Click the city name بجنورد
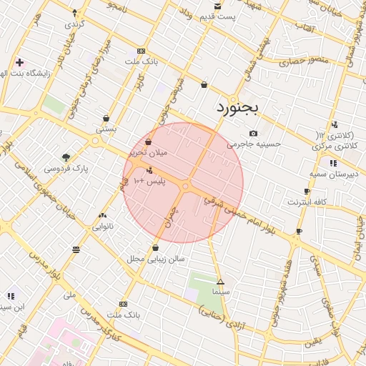click(239, 109)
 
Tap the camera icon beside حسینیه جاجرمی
click(253, 133)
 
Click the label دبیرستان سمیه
click(332, 174)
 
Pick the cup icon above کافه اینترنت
click(307, 191)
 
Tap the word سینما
click(220, 292)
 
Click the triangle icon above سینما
click(220, 282)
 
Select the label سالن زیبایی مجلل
click(156, 259)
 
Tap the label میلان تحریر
click(147, 153)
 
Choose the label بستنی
click(106, 130)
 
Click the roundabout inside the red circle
click(184, 187)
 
